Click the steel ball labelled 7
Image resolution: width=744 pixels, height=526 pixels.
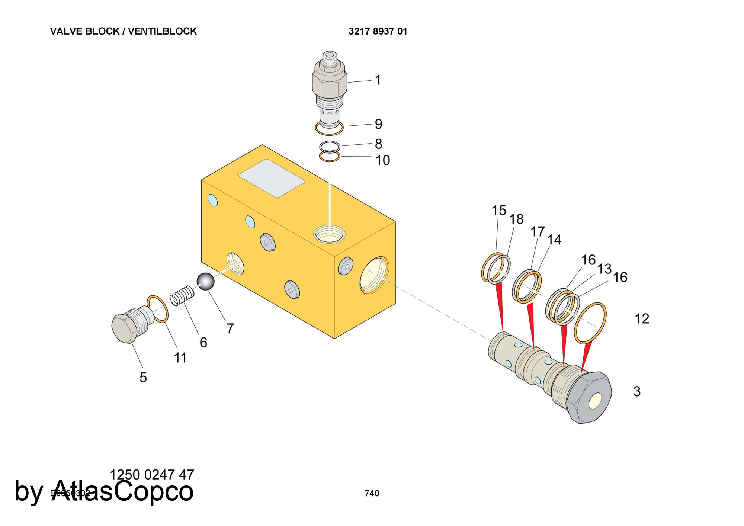click(x=205, y=282)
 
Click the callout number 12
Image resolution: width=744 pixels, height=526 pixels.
click(x=642, y=319)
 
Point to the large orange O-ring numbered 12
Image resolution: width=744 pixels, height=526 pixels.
click(x=590, y=323)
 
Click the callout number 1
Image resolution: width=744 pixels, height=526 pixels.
click(x=378, y=80)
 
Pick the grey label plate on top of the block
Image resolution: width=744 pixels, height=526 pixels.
click(x=272, y=178)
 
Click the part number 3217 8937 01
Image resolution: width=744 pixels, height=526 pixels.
click(x=378, y=31)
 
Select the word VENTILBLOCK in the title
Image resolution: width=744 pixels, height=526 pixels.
click(x=162, y=31)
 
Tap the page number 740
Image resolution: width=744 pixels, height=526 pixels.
click(x=372, y=493)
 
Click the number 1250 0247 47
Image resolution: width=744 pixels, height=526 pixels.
click(x=152, y=475)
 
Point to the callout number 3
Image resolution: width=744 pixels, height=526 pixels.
click(x=637, y=391)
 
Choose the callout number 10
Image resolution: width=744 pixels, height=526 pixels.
click(x=382, y=160)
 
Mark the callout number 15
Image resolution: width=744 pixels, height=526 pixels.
click(x=499, y=211)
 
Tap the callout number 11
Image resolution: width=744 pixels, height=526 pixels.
click(x=180, y=358)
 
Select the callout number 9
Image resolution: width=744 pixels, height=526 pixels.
click(x=378, y=124)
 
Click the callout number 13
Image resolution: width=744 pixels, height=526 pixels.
click(x=604, y=269)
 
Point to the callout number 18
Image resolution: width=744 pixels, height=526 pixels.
click(x=516, y=219)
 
